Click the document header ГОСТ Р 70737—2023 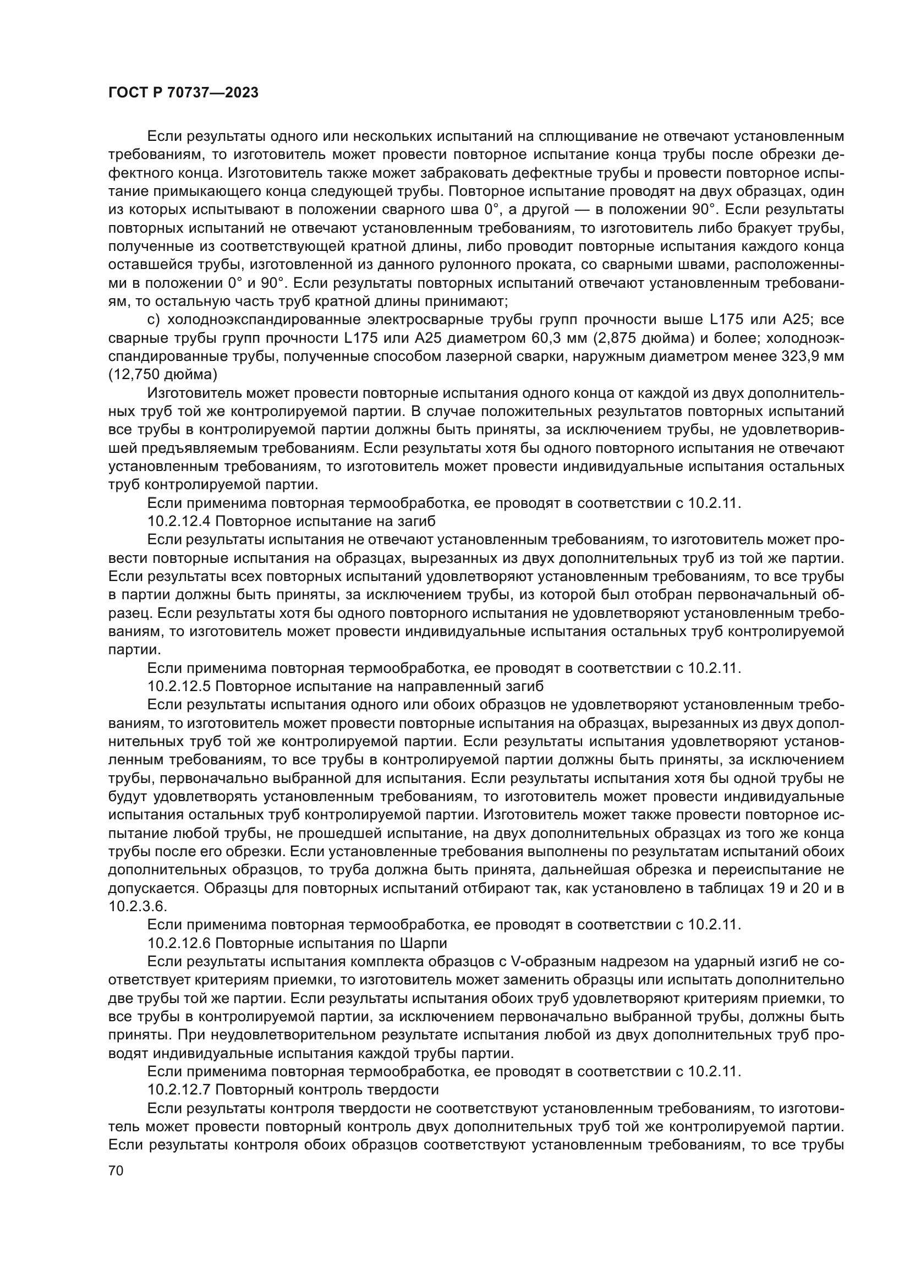183,92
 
